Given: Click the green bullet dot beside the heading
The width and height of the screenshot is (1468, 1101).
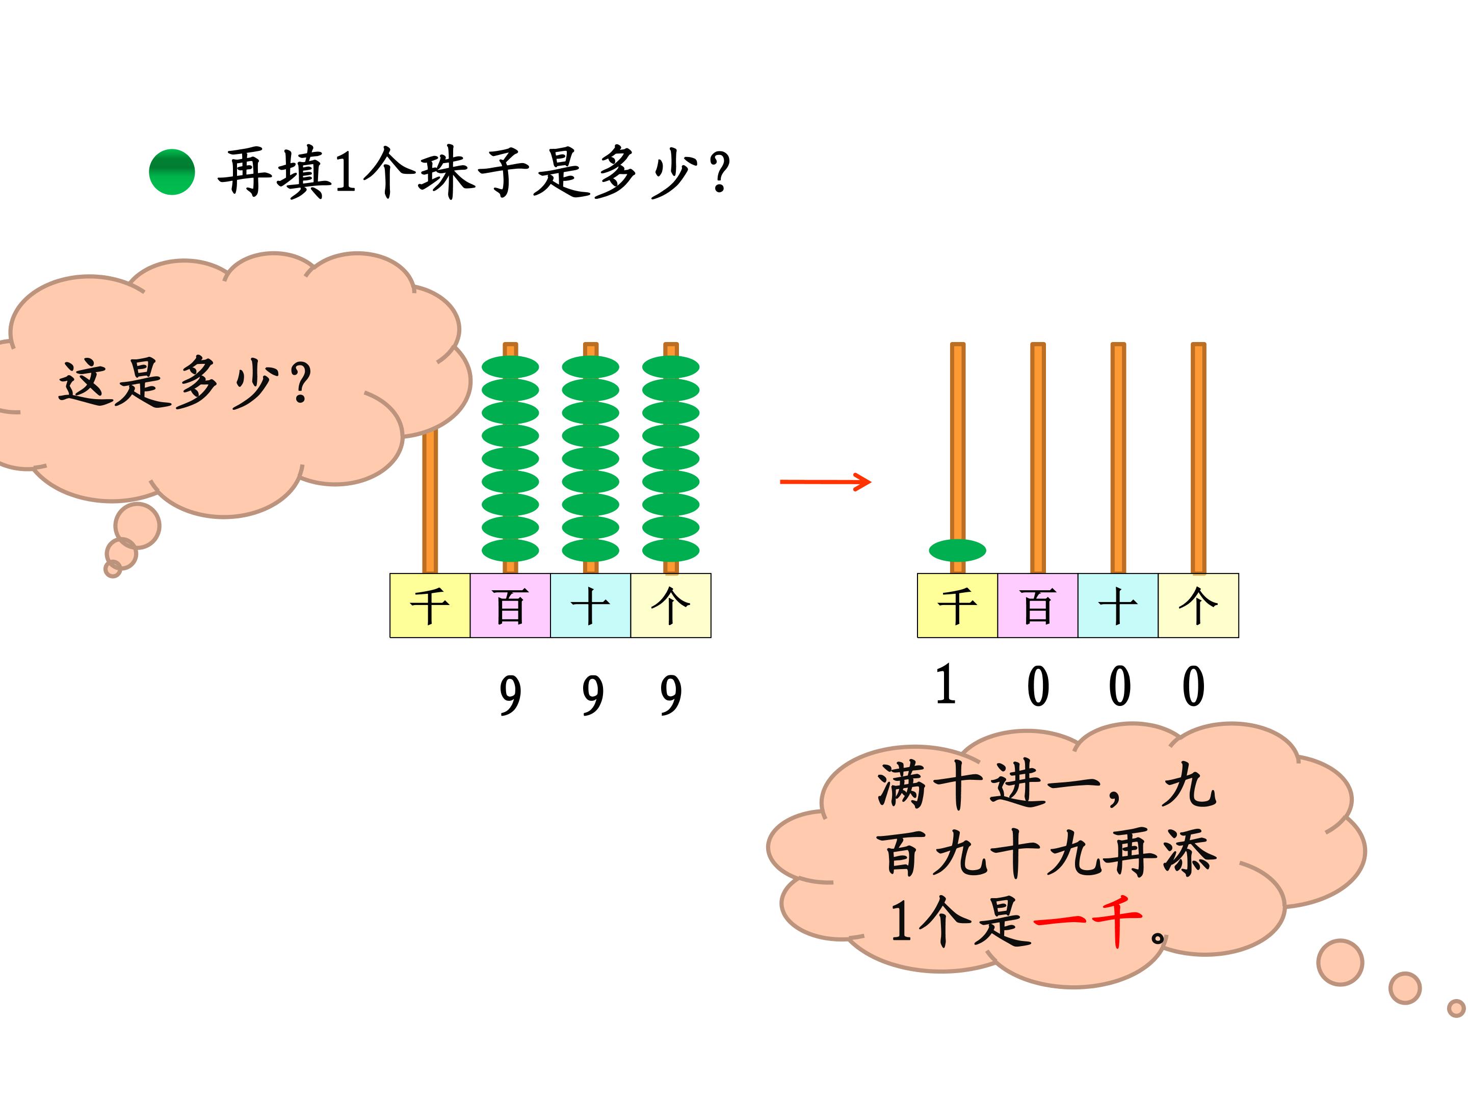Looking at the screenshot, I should pos(172,172).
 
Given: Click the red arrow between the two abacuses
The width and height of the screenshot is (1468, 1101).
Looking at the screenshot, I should pos(825,482).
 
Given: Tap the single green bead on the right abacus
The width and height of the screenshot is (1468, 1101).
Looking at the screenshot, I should pos(957,550).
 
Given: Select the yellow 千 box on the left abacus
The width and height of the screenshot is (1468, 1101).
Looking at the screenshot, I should pos(429,605).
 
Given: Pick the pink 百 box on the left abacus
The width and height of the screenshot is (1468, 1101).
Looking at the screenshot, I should pos(510,605).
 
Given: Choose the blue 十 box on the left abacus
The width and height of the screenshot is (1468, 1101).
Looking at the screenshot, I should pos(590,605).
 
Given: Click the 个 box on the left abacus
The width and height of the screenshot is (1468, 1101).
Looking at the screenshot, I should pos(670,605).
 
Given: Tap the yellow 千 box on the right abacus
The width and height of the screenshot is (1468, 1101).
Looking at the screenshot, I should pos(957,605).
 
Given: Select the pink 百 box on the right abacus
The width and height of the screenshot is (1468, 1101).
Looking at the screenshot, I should pos(1037,605).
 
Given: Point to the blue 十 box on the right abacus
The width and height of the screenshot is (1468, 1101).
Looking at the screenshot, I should pos(1118,605).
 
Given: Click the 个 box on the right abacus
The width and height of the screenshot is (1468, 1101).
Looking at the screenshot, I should pos(1198,605).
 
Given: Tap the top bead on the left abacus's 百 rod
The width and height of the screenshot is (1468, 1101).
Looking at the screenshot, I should pos(510,367).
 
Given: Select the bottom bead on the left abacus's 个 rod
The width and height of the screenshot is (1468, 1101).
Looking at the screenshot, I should pos(670,550).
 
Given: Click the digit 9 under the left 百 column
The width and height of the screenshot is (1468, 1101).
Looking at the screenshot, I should pos(510,695).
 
